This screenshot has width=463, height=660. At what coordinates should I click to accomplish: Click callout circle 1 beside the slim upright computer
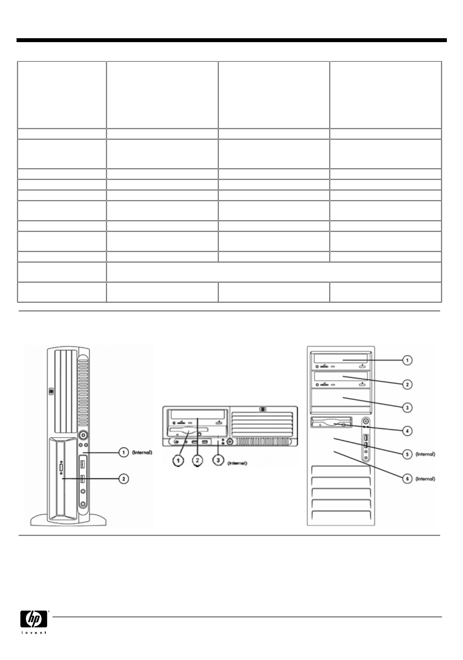click(x=124, y=452)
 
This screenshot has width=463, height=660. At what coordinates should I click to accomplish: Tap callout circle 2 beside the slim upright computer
click(x=124, y=478)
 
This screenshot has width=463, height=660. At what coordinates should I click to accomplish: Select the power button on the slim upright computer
click(x=83, y=435)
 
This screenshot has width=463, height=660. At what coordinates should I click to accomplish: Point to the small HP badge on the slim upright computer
click(x=51, y=391)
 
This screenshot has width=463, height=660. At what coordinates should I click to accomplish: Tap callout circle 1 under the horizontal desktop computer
click(x=180, y=460)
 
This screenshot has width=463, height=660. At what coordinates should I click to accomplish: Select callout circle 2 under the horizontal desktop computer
click(x=198, y=460)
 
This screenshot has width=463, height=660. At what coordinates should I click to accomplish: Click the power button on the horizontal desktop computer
click(x=230, y=441)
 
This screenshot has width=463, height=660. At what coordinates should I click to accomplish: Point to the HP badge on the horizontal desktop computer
click(x=263, y=410)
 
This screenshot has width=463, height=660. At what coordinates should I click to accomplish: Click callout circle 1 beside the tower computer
click(x=407, y=360)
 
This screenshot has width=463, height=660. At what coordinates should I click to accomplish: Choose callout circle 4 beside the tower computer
click(x=407, y=431)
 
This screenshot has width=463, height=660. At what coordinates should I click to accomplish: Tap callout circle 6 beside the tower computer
click(x=407, y=479)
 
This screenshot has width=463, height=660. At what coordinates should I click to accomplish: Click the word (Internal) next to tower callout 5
click(x=425, y=454)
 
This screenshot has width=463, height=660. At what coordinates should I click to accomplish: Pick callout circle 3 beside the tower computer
click(x=407, y=408)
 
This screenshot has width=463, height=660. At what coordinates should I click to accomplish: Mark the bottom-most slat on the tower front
click(x=341, y=515)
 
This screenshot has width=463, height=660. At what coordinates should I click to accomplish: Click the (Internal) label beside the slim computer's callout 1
click(x=142, y=452)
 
